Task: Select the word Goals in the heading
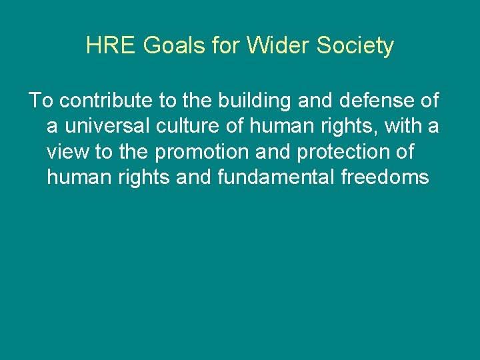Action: coord(159,46)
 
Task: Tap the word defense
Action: coord(368,101)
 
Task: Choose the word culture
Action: coord(194,127)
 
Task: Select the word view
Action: coord(68,152)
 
